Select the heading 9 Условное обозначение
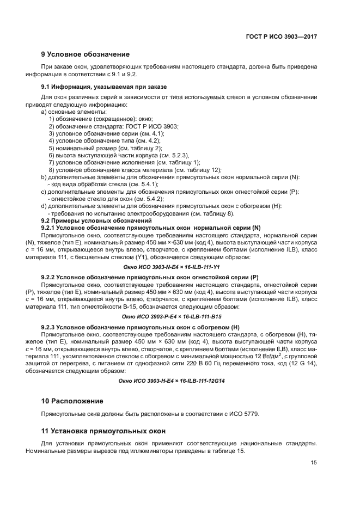click(x=86, y=54)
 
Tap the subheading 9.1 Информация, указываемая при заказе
click(x=104, y=87)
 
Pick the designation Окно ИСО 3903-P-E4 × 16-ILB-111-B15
click(x=172, y=316)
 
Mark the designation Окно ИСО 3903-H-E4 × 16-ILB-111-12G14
click(x=172, y=381)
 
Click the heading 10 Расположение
click(x=72, y=401)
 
